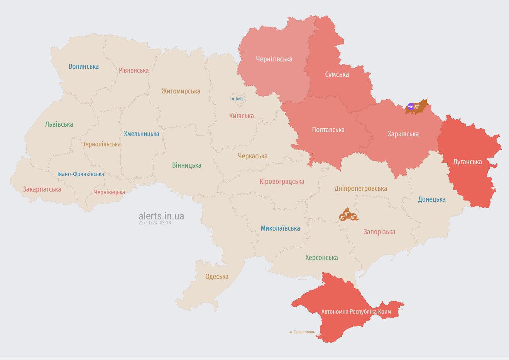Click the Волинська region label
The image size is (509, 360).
[84, 66]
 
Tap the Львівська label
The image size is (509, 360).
[59, 124]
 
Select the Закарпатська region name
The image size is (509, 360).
[42, 189]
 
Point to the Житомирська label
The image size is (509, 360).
[181, 91]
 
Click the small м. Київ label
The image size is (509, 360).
[237, 99]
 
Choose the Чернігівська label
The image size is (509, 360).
[274, 59]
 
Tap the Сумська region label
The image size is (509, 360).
[337, 74]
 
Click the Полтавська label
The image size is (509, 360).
[328, 130]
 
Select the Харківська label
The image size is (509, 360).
[403, 134]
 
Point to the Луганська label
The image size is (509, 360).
[467, 162]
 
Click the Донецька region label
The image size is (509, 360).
[431, 199]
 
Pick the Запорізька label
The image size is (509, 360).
[379, 232]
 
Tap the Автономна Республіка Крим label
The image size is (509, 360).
[356, 311]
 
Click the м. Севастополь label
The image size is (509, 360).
[302, 332]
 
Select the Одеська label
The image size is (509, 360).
[217, 277]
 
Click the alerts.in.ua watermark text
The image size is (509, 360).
[161, 216]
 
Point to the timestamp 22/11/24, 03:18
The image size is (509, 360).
[155, 223]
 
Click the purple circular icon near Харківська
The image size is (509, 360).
[411, 106]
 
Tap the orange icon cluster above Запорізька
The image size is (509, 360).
[348, 215]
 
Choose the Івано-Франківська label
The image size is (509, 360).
[81, 174]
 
